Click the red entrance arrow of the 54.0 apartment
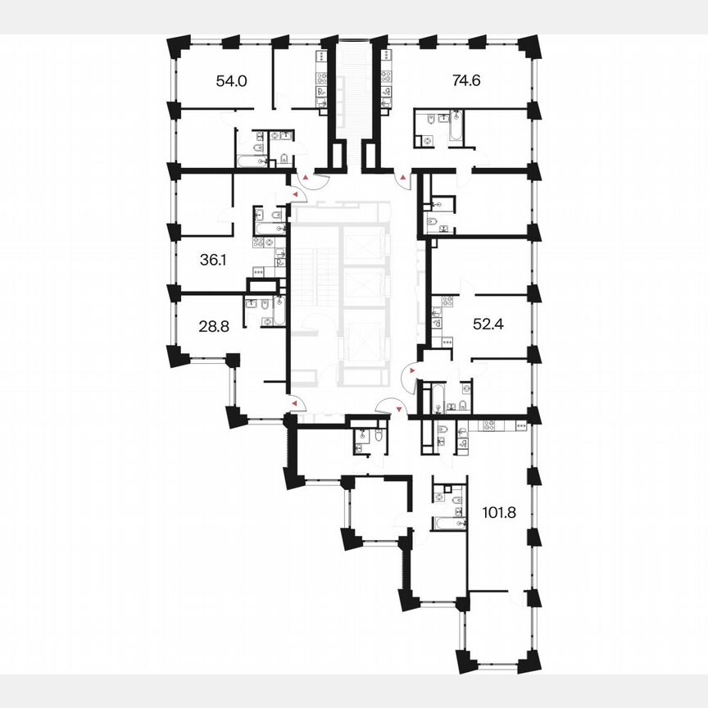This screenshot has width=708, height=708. pos(305,176)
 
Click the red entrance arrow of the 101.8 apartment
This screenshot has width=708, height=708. pos(399,407)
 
